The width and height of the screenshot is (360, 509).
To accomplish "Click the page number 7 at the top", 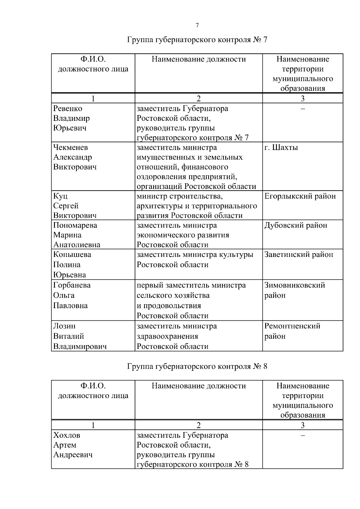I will coord(197,25).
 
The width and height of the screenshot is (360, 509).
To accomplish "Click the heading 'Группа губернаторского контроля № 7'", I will coord(197,40).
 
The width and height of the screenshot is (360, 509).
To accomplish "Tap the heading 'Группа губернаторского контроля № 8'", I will coord(197,366).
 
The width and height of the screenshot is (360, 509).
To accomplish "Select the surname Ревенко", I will coord(67,109).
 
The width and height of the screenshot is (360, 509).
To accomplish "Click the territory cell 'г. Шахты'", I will coord(281,147).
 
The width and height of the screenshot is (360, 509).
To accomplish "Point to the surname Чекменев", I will coord(70,147).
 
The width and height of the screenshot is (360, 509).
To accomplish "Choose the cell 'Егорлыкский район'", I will coord(300,196).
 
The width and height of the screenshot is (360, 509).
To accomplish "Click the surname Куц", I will coord(60,196).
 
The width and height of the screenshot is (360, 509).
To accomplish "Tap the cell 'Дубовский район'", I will coord(296,225).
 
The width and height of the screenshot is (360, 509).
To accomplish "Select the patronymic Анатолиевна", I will coord(77,245).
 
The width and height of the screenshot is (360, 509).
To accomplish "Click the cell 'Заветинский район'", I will coord(299,255).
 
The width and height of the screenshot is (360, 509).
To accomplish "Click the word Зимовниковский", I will coord(295,285).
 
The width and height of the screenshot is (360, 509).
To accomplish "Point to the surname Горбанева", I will coord(72,285).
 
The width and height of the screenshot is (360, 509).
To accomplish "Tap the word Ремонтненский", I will coord(292,326).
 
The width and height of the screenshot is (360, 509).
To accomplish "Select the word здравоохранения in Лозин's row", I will coord(167,336).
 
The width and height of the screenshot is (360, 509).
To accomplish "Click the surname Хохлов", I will coord(67,435).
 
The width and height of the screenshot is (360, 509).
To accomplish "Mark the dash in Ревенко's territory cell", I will coord(303,109).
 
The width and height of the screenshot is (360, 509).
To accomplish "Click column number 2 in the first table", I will coord(199,99).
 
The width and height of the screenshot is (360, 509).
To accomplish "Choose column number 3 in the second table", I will coord(303,425).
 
